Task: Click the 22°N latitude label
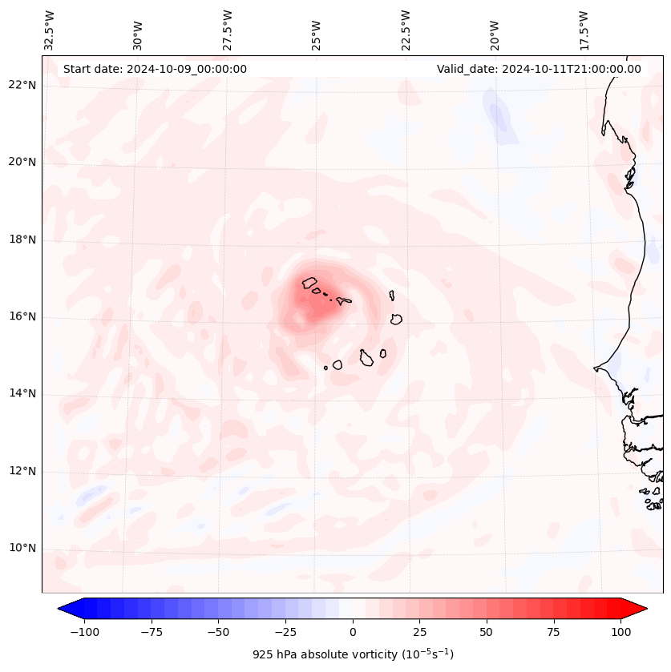[x=23, y=85]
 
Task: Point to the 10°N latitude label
[x=23, y=549]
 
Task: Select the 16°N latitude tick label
[x=23, y=316]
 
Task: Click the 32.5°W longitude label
[x=50, y=30]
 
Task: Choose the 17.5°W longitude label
[x=584, y=30]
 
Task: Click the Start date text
[x=155, y=69]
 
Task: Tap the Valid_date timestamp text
[x=539, y=69]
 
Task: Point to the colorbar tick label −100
[x=84, y=632]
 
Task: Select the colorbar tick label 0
[x=352, y=632]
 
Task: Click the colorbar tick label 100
[x=620, y=632]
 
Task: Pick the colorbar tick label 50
[x=487, y=632]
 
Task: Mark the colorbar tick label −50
[x=218, y=632]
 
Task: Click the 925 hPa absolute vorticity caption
[x=353, y=654]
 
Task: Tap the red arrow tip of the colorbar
[x=639, y=609]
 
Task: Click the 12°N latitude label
[x=23, y=471]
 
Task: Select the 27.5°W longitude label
[x=228, y=30]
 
